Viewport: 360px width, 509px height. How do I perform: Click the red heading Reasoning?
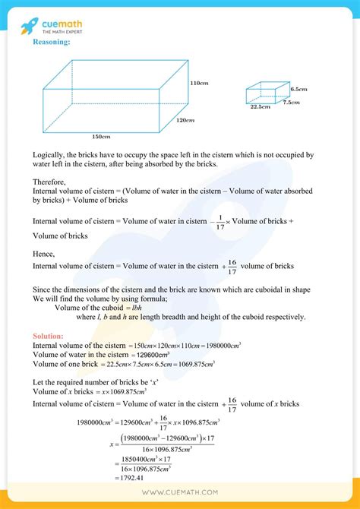[52, 43]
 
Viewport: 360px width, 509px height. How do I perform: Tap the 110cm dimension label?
[198, 83]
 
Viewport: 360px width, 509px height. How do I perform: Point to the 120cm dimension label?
[185, 121]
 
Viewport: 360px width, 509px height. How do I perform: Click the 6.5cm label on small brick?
[298, 90]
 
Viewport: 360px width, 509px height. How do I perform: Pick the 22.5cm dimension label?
[261, 107]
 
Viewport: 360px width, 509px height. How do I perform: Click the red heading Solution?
[49, 336]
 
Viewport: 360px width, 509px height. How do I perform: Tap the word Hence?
[43, 254]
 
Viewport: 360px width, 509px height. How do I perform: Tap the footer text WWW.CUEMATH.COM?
[180, 495]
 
